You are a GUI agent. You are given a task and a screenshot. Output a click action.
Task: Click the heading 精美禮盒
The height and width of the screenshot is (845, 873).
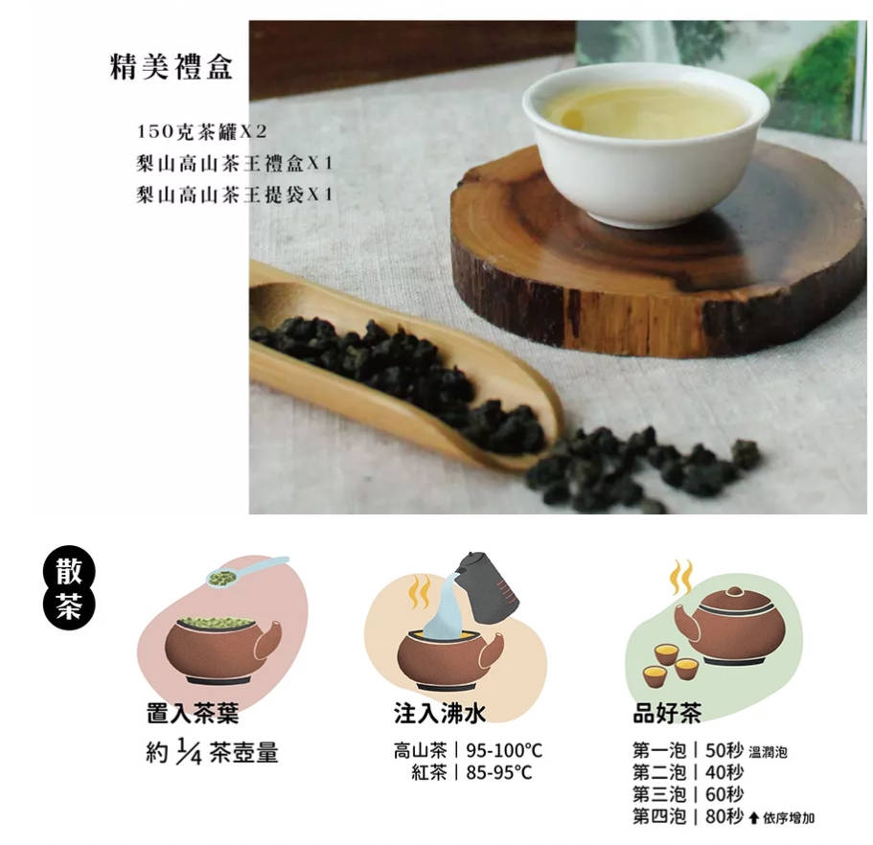[x=172, y=67]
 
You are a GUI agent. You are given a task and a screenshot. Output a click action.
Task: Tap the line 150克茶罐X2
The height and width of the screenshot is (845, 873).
[x=201, y=132]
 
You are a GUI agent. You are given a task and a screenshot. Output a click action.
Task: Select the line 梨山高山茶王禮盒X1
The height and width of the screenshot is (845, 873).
[x=235, y=163]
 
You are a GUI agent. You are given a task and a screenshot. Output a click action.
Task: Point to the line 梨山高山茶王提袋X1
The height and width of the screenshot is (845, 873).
[x=235, y=194]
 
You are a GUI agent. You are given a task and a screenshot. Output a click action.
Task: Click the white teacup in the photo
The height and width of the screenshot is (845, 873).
[x=646, y=142]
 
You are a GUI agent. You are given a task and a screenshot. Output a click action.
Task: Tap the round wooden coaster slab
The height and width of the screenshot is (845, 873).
[x=657, y=250]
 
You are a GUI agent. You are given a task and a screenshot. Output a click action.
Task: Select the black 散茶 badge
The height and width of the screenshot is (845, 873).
[x=69, y=588]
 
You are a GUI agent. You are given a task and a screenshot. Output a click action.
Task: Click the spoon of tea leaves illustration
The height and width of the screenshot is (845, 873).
[x=245, y=572]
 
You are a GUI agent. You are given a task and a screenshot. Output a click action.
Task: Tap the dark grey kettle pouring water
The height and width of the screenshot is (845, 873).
[x=487, y=587]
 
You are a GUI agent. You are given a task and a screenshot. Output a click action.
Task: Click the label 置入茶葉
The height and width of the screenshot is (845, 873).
[x=193, y=713]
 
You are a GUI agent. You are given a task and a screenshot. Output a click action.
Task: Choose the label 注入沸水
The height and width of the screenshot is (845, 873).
[x=440, y=713]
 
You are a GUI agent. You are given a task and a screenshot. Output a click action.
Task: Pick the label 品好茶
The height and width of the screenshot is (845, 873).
[x=667, y=713]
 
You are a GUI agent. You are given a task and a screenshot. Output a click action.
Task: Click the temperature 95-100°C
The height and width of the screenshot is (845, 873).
[x=504, y=751]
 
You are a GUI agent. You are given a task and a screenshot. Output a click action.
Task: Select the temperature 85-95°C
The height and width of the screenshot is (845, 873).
[x=499, y=772]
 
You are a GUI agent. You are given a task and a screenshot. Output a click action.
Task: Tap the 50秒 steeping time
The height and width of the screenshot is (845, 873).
[x=724, y=751]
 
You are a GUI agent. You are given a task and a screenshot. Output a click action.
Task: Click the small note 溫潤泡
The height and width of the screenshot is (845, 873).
[x=769, y=753]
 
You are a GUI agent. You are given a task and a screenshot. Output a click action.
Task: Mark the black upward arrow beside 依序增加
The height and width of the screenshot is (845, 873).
[x=754, y=818]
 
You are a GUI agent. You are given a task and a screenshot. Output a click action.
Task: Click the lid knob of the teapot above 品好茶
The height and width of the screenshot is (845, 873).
[x=734, y=592]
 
